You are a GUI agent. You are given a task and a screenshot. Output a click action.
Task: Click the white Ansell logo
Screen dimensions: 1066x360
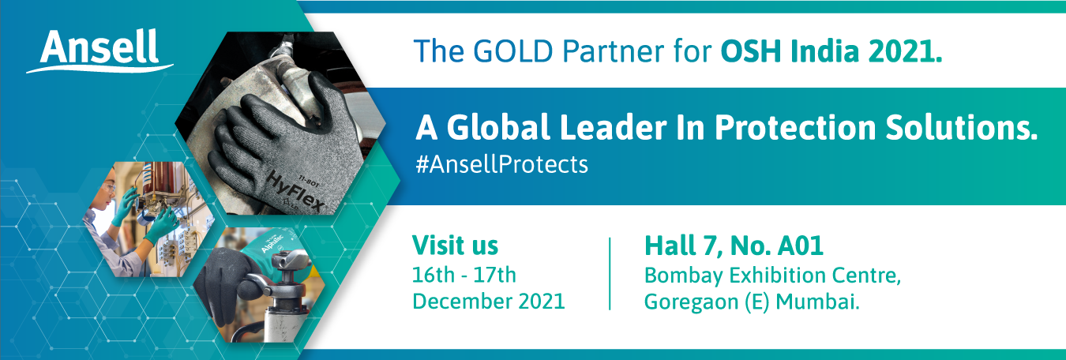pos(99,51)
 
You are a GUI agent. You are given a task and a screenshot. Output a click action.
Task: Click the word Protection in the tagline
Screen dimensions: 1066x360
pos(794,127)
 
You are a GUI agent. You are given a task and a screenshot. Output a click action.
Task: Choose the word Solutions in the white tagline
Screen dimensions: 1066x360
pos(961,127)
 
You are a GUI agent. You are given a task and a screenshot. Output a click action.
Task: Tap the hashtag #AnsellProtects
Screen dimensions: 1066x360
pos(501,164)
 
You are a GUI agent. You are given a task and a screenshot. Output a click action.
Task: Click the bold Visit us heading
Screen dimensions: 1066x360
pos(455,246)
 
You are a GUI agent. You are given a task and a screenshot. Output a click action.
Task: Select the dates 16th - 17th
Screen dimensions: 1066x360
pos(464,275)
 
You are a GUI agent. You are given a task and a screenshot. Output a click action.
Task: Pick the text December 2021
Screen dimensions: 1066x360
pos(488,301)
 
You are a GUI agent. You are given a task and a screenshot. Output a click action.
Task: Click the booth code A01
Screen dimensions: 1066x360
pos(801,246)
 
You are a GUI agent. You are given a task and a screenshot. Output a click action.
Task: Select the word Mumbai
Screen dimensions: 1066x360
pos(817,302)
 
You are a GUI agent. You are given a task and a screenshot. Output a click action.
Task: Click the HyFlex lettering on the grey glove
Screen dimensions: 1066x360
pos(295,193)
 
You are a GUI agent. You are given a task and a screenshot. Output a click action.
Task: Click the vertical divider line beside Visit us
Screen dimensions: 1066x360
pos(610,273)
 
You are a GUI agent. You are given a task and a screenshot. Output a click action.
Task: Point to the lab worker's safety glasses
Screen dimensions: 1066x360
pos(109,189)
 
